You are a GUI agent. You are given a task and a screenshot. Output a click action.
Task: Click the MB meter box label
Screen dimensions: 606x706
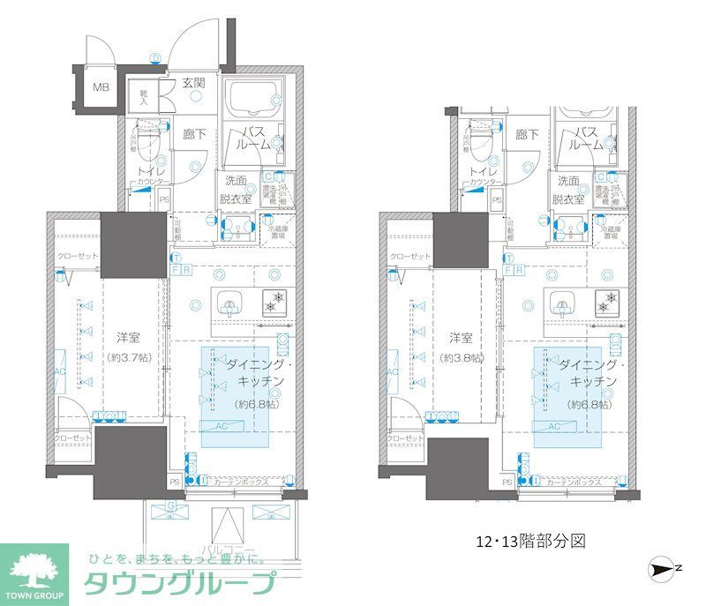[101, 87]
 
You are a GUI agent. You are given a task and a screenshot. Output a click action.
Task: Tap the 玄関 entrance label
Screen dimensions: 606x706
[194, 85]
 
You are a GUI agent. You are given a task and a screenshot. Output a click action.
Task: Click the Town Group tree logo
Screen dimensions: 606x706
[35, 565]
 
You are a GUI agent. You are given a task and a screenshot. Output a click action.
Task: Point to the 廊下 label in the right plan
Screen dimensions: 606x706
[527, 135]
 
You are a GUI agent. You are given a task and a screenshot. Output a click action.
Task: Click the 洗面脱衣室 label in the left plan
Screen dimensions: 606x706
[236, 190]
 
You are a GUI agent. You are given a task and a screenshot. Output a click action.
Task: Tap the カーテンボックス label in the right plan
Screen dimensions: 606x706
[574, 483]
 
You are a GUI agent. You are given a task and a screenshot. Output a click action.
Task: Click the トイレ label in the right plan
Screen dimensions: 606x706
[481, 171]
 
